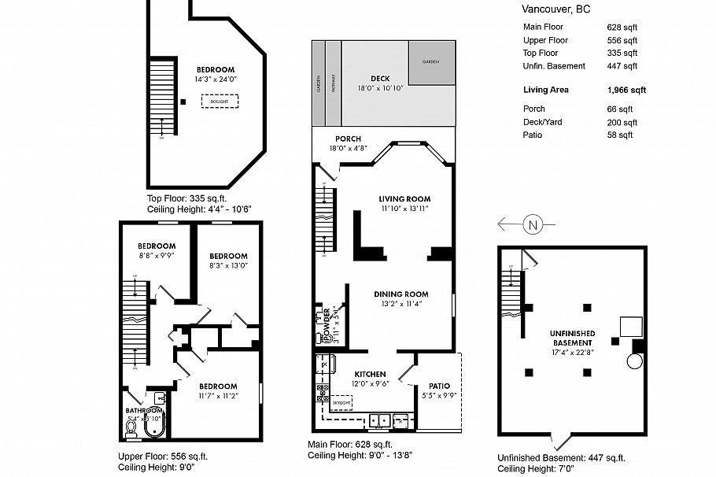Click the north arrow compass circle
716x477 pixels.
pyautogui.click(x=533, y=225)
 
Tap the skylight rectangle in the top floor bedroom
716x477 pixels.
pyautogui.click(x=220, y=102)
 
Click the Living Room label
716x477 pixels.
pyautogui.click(x=404, y=199)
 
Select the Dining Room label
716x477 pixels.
pyautogui.click(x=400, y=294)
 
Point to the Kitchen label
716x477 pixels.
pyautogui.click(x=369, y=374)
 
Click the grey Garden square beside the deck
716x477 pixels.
pyautogui.click(x=431, y=61)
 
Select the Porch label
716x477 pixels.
pyautogui.click(x=348, y=139)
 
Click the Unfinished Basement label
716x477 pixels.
pyautogui.click(x=572, y=339)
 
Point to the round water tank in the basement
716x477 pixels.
pyautogui.click(x=635, y=362)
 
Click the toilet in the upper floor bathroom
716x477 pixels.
pyautogui.click(x=131, y=428)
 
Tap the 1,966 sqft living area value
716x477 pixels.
pyautogui.click(x=626, y=91)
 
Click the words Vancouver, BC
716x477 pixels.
pyautogui.click(x=555, y=9)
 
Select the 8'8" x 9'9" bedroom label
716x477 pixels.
pyautogui.click(x=157, y=246)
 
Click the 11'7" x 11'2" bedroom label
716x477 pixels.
pyautogui.click(x=217, y=386)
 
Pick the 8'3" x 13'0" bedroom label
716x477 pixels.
pyautogui.click(x=228, y=257)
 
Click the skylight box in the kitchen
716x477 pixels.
pyautogui.click(x=341, y=401)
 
